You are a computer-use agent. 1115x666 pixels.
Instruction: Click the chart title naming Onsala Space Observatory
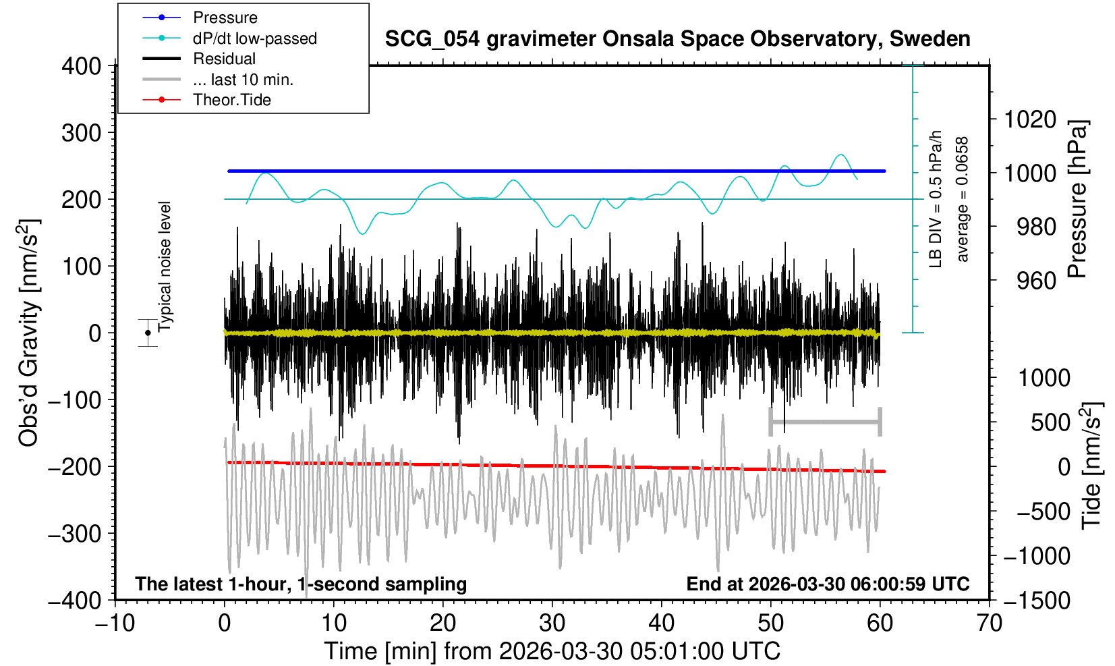(x=677, y=39)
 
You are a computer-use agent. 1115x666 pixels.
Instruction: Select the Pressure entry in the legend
(x=225, y=18)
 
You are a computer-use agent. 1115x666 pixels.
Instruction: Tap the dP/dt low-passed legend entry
(x=254, y=38)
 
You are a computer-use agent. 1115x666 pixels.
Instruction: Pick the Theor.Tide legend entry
(x=231, y=100)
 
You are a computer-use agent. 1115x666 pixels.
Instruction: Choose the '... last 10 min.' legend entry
(x=243, y=80)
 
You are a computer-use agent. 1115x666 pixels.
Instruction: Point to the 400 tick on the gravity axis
(x=81, y=66)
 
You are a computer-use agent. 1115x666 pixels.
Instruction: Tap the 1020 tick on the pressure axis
(x=1030, y=119)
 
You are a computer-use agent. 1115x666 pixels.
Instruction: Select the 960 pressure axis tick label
(x=1036, y=280)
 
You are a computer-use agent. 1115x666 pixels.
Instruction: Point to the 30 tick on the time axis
(x=552, y=621)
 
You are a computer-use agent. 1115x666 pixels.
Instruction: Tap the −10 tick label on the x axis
(x=115, y=621)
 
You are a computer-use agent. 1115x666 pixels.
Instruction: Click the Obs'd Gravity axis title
(x=29, y=333)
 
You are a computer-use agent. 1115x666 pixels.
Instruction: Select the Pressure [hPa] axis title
(x=1077, y=199)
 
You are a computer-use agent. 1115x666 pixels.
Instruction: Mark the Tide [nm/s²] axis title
(x=1091, y=466)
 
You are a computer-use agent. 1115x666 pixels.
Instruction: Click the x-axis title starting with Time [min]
(x=552, y=651)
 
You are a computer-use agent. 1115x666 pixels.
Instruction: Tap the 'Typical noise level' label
(x=165, y=267)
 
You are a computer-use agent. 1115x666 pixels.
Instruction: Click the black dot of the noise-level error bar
(x=148, y=333)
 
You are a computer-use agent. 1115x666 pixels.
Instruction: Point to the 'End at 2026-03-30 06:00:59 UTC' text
(x=828, y=584)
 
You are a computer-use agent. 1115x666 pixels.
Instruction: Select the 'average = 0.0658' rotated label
(x=963, y=199)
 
